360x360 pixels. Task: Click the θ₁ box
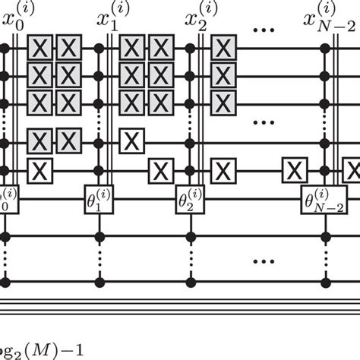point(98,201)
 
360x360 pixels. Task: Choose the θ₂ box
point(188,201)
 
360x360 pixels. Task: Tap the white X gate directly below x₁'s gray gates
point(132,141)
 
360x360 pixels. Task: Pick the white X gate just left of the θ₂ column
point(160,170)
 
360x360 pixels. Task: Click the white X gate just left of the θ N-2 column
point(293,170)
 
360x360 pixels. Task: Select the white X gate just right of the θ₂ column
point(223,170)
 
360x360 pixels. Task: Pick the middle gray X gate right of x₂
point(223,75)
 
